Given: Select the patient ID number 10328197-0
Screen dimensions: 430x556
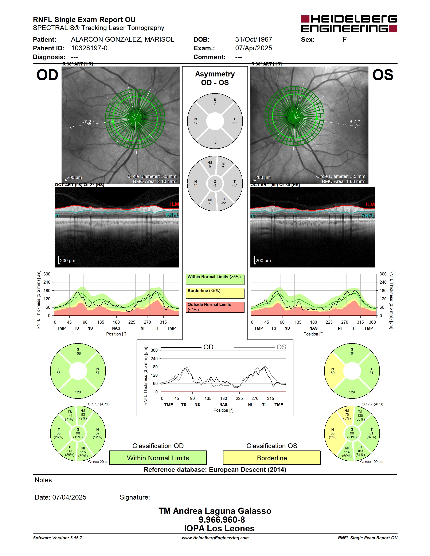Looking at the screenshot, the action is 89,48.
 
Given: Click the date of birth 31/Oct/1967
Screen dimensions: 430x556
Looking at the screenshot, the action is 253,39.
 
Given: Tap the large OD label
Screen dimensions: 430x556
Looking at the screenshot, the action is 47,75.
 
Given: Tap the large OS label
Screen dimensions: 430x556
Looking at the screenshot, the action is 383,75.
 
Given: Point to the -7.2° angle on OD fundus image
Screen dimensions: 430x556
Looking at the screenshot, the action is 88,122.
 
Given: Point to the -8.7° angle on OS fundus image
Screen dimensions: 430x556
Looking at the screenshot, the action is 354,122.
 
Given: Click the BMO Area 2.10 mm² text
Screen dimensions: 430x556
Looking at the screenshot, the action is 155,182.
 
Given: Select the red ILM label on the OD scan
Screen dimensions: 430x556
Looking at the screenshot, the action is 175,204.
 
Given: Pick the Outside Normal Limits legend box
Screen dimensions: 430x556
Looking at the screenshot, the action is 215,307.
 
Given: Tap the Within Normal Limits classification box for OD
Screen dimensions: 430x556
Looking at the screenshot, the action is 158,458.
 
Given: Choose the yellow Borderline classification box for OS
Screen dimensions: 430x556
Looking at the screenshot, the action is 272,458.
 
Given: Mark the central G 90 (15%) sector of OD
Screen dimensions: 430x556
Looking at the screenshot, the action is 78,433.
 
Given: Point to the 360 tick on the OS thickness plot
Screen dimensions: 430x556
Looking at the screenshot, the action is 372,322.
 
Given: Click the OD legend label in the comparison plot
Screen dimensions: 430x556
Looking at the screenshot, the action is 208,347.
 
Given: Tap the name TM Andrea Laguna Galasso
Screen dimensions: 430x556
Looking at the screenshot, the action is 215,511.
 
